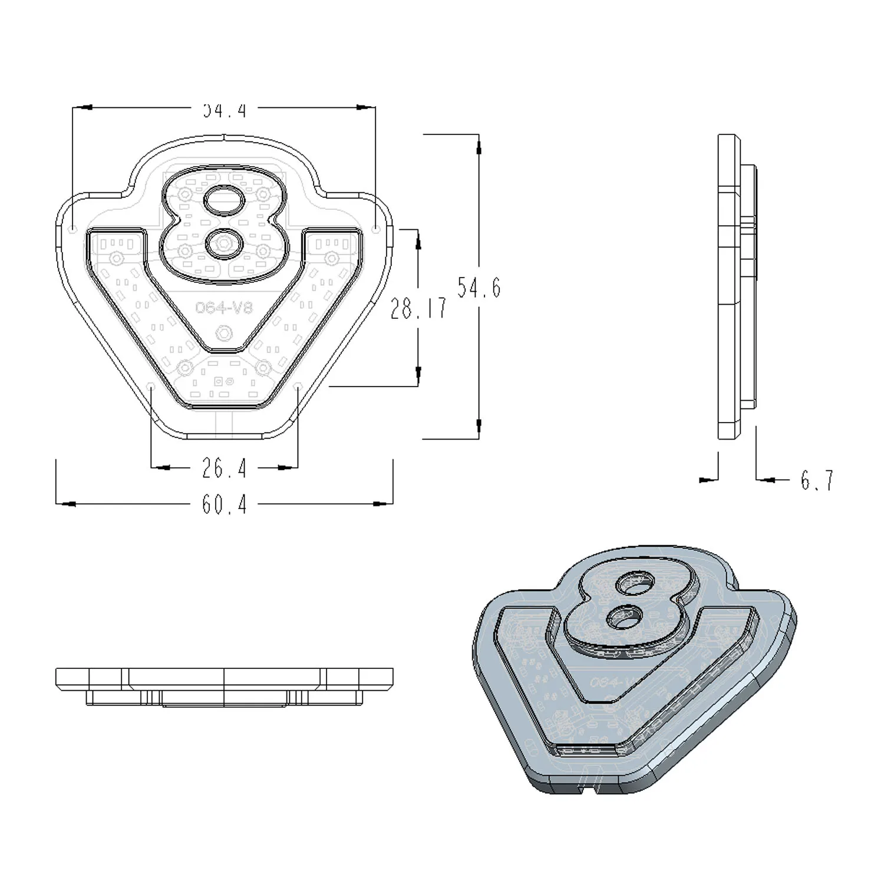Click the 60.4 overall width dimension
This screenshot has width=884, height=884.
pos(224,504)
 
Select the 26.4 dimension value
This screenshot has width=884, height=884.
pos(224,469)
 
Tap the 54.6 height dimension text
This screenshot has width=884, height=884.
pos(479,288)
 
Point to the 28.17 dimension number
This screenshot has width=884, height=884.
pos(418,308)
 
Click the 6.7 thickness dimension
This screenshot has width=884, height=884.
pos(817,481)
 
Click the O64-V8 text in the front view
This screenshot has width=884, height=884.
pos(223,308)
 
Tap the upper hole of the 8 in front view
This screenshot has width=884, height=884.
pos(224,200)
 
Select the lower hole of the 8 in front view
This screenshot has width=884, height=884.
pos(224,243)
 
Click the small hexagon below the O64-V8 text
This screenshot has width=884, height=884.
pos(223,333)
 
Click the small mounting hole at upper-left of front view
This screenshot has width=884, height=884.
pos(72,228)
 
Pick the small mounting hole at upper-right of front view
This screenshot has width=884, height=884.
pos(376,228)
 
